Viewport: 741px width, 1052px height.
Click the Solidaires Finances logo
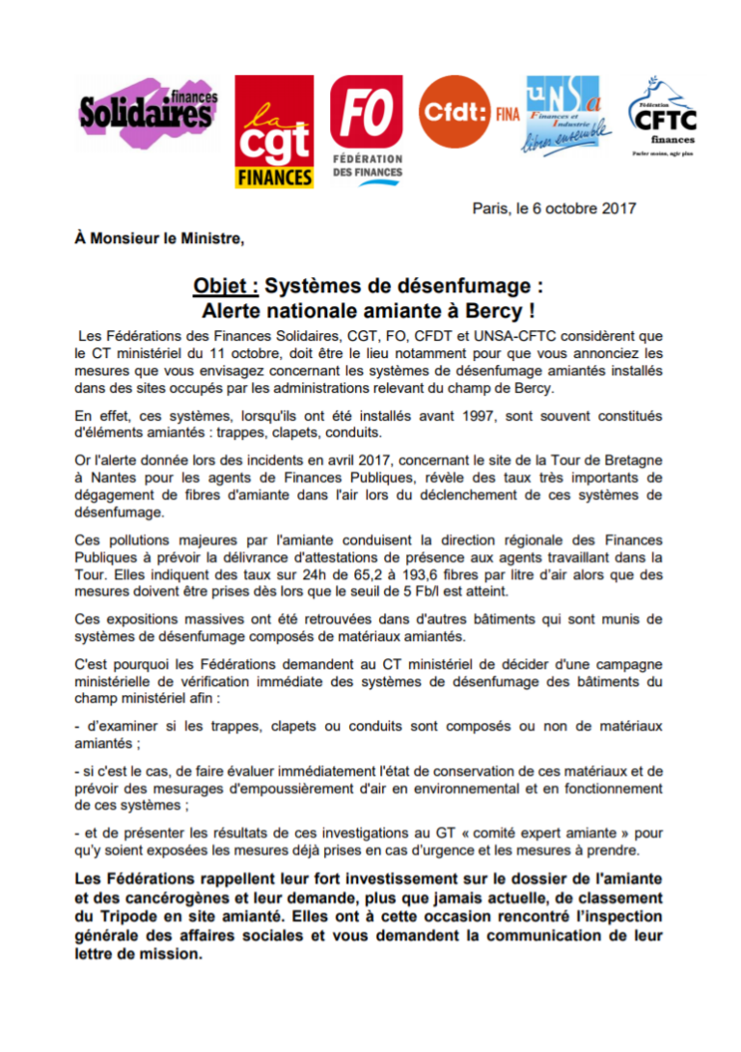[x=147, y=112]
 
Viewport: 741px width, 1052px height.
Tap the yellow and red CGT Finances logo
[x=274, y=132]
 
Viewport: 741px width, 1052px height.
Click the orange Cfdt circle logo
[x=456, y=112]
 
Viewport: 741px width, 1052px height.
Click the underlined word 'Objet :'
[x=225, y=287]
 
